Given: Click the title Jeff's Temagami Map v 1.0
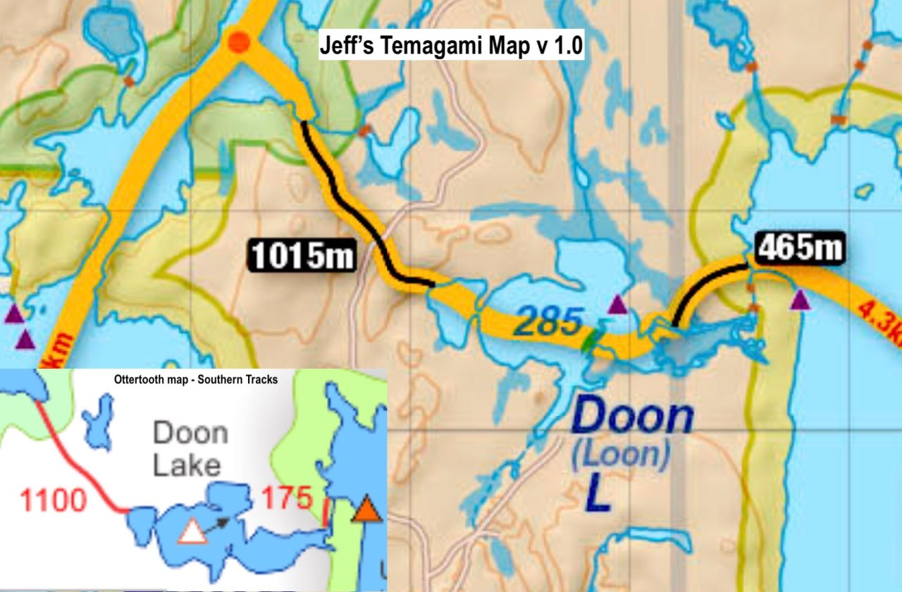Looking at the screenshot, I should click(x=451, y=47).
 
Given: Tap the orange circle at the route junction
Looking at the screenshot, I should click(x=239, y=42).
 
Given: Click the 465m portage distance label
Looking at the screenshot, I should click(x=800, y=248).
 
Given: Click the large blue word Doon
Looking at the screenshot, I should click(x=629, y=418).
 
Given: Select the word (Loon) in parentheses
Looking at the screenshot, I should click(x=619, y=456).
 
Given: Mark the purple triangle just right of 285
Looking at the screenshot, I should click(x=617, y=304).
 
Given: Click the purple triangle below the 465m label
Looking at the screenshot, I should click(x=799, y=301).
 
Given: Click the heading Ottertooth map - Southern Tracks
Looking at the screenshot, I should click(x=195, y=379).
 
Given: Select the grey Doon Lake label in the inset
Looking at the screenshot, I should click(x=190, y=449).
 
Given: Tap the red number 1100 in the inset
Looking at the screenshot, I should click(x=53, y=501).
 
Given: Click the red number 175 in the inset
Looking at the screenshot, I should click(x=287, y=498).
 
